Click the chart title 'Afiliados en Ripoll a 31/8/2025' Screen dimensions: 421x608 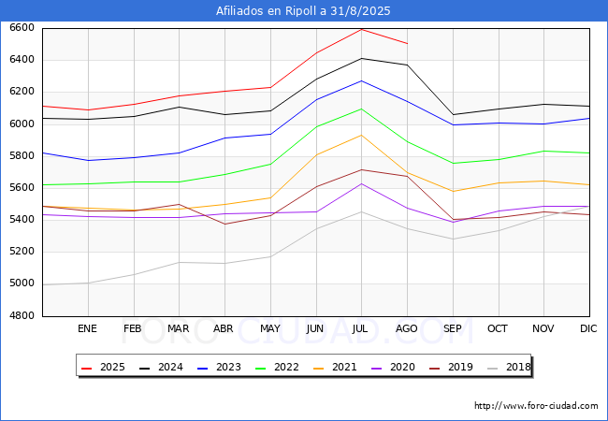pyautogui.click(x=303, y=11)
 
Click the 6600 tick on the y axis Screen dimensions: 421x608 pyautogui.click(x=21, y=28)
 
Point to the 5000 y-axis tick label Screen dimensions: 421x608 pyautogui.click(x=21, y=283)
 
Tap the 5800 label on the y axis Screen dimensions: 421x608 pyautogui.click(x=21, y=156)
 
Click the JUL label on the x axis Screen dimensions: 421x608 pyautogui.click(x=361, y=328)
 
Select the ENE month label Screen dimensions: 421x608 pyautogui.click(x=87, y=328)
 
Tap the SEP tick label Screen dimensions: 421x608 pyautogui.click(x=453, y=328)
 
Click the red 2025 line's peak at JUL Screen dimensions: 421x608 pyautogui.click(x=361, y=29)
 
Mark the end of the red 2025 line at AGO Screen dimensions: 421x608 pyautogui.click(x=407, y=43)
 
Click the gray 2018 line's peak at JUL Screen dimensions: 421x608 pyautogui.click(x=361, y=211)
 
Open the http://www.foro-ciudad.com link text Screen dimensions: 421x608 pyautogui.click(x=536, y=406)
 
